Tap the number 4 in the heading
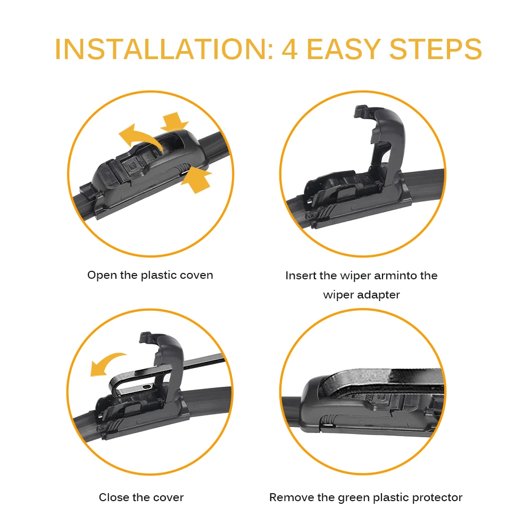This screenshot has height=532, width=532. (290, 49)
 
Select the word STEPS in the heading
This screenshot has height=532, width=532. (436, 49)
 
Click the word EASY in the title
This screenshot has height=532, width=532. (343, 49)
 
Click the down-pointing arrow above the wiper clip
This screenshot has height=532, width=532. (174, 121)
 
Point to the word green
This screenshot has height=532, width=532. (354, 498)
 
